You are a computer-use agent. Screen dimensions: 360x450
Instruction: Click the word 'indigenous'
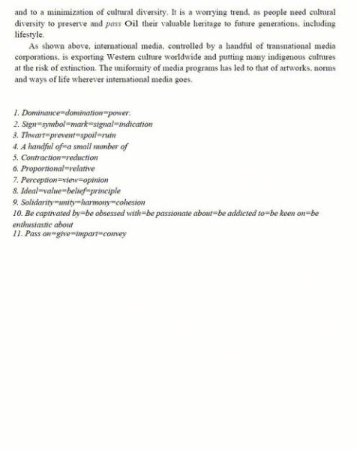click(284, 57)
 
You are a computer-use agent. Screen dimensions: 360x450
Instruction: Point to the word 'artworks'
click(268, 68)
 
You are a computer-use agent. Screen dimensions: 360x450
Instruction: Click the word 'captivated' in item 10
click(51, 213)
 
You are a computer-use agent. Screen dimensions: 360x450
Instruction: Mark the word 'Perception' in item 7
click(43, 180)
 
